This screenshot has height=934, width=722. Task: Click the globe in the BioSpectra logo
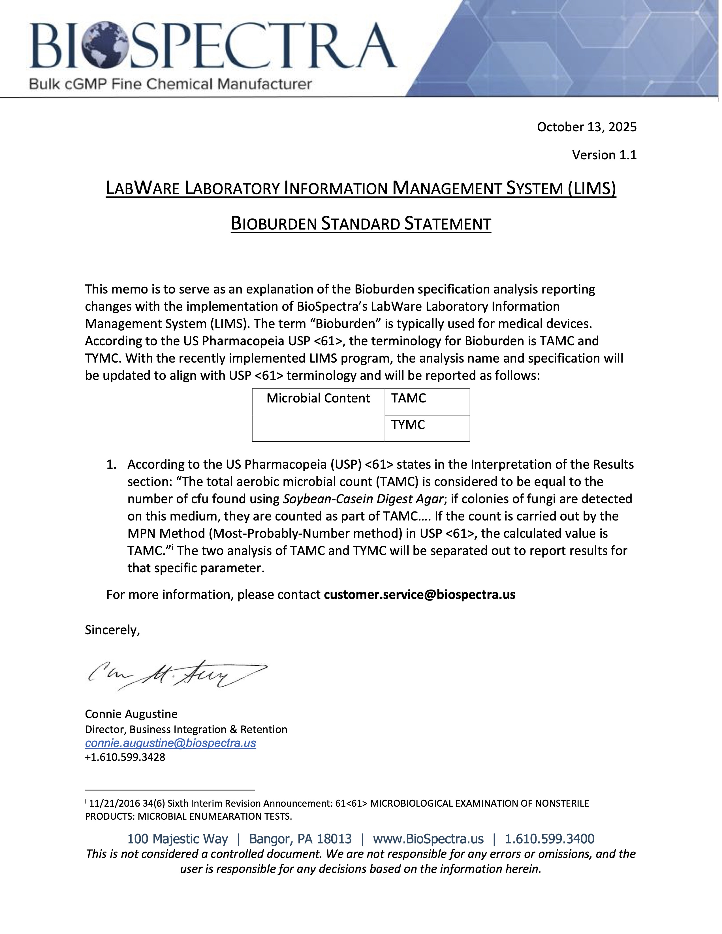coord(106,45)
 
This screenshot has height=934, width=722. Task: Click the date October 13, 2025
coord(586,127)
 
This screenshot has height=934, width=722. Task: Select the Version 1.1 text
coord(604,155)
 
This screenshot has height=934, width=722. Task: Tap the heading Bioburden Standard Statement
coord(360,224)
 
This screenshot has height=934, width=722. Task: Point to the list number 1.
coord(111,465)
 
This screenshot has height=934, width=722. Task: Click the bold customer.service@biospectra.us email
coord(419,595)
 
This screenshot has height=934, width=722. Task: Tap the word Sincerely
coord(112,630)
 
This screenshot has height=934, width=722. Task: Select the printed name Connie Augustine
coord(131,714)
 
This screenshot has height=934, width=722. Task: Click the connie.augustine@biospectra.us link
coord(170,743)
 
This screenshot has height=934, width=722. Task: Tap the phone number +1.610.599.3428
coord(125,757)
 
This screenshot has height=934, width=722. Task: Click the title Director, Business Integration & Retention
coord(186,730)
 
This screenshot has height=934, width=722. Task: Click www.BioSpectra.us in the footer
coord(428,839)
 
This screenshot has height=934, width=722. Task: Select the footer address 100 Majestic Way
coord(178,839)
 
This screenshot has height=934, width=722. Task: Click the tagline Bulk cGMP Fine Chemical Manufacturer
coord(170,84)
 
